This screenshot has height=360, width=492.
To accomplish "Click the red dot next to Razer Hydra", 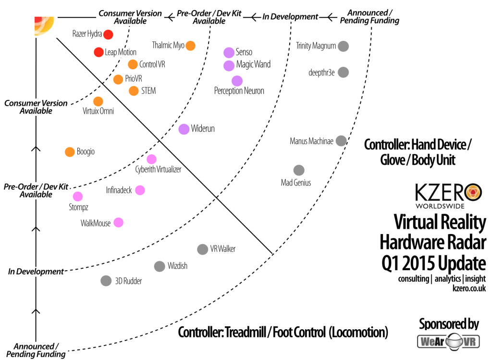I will [x=108, y=34].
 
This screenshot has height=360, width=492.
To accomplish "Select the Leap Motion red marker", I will [x=98, y=52].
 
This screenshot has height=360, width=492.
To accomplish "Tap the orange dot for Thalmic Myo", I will [x=190, y=46].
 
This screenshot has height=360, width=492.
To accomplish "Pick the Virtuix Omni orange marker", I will [x=98, y=101].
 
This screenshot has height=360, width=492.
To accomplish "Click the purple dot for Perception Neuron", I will [x=237, y=81].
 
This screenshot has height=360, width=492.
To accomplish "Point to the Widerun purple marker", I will [x=184, y=129].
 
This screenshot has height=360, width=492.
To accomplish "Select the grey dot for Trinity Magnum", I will [x=343, y=46].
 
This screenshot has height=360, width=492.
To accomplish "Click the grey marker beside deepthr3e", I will [x=343, y=72].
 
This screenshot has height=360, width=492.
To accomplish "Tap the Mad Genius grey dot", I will [x=299, y=170].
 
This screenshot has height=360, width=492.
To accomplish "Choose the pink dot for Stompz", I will [x=77, y=197].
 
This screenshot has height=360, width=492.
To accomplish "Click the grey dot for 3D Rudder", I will [x=106, y=281].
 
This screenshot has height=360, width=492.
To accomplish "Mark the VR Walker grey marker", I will [x=202, y=249].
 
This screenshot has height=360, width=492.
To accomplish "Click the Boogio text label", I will [x=86, y=152].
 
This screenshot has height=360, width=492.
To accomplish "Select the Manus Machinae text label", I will [x=311, y=141].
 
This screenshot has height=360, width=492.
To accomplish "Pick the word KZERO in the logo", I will [x=439, y=193].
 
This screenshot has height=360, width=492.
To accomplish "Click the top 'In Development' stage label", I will [x=290, y=17].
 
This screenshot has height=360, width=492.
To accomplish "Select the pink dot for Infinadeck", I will [x=140, y=190].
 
